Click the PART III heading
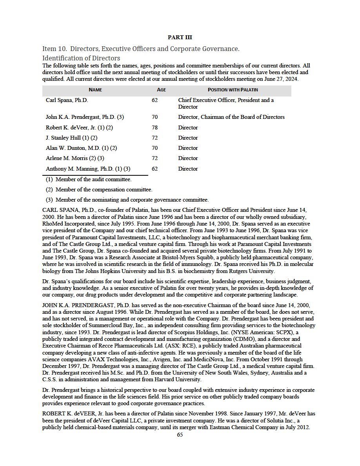point(180,37)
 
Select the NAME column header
point(95,90)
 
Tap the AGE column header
point(161,90)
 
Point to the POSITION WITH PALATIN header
point(233,90)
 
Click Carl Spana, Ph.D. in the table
point(67,100)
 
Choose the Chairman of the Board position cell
point(231,117)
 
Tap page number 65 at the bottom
point(180,434)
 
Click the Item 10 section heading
point(140,49)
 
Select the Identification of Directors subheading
point(81,58)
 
